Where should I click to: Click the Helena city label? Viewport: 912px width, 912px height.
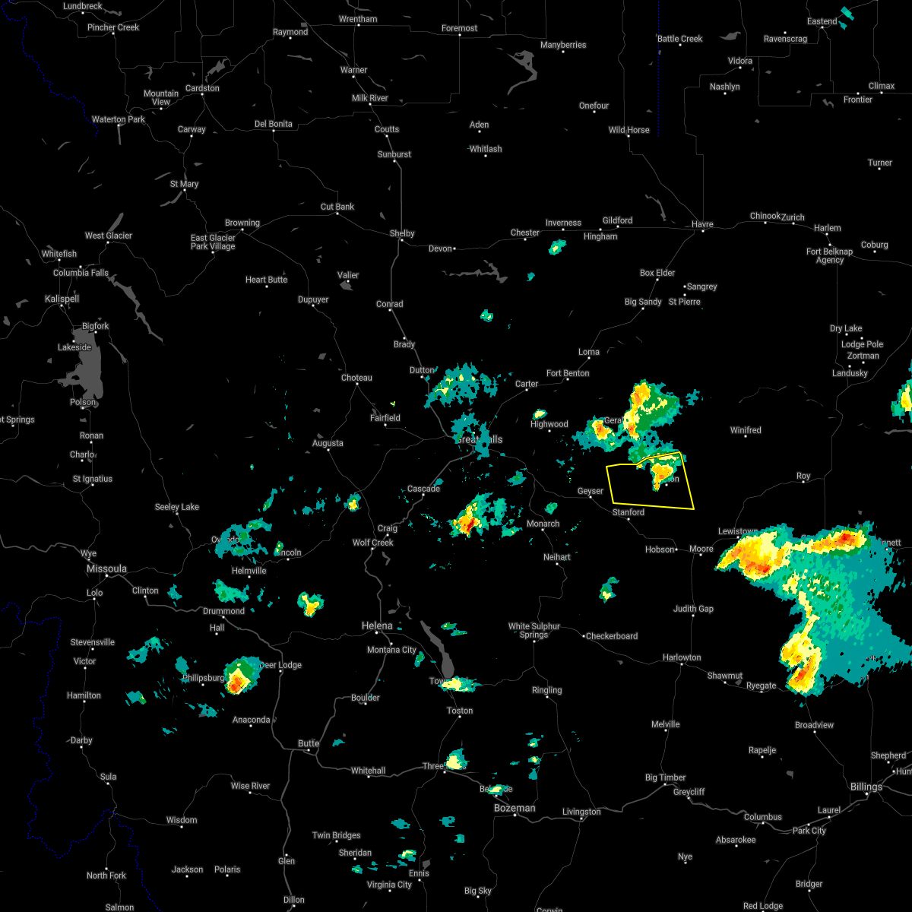click(377, 625)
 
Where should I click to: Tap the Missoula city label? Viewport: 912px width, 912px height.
click(106, 568)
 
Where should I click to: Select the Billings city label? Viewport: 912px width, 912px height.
click(866, 787)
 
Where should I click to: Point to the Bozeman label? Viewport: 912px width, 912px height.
click(515, 808)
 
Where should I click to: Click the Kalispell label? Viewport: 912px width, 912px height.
click(62, 299)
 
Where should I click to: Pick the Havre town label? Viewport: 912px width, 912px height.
click(702, 224)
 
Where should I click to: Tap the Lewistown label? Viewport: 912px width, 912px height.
click(737, 531)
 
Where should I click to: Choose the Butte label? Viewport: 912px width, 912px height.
click(309, 743)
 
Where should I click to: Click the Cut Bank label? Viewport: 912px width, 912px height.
click(337, 207)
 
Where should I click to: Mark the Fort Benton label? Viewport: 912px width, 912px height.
click(568, 373)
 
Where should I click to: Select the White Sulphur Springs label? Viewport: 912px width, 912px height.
click(534, 631)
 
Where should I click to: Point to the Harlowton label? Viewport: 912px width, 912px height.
click(682, 657)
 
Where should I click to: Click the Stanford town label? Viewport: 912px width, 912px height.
click(629, 512)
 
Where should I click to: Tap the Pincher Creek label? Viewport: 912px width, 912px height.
click(113, 27)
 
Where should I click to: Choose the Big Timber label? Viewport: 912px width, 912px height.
click(665, 777)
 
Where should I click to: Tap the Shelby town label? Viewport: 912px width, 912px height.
click(402, 233)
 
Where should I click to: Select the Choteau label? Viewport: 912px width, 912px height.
click(356, 378)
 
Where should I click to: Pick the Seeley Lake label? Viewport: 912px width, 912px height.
click(177, 507)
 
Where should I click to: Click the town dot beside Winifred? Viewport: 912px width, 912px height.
click(746, 438)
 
